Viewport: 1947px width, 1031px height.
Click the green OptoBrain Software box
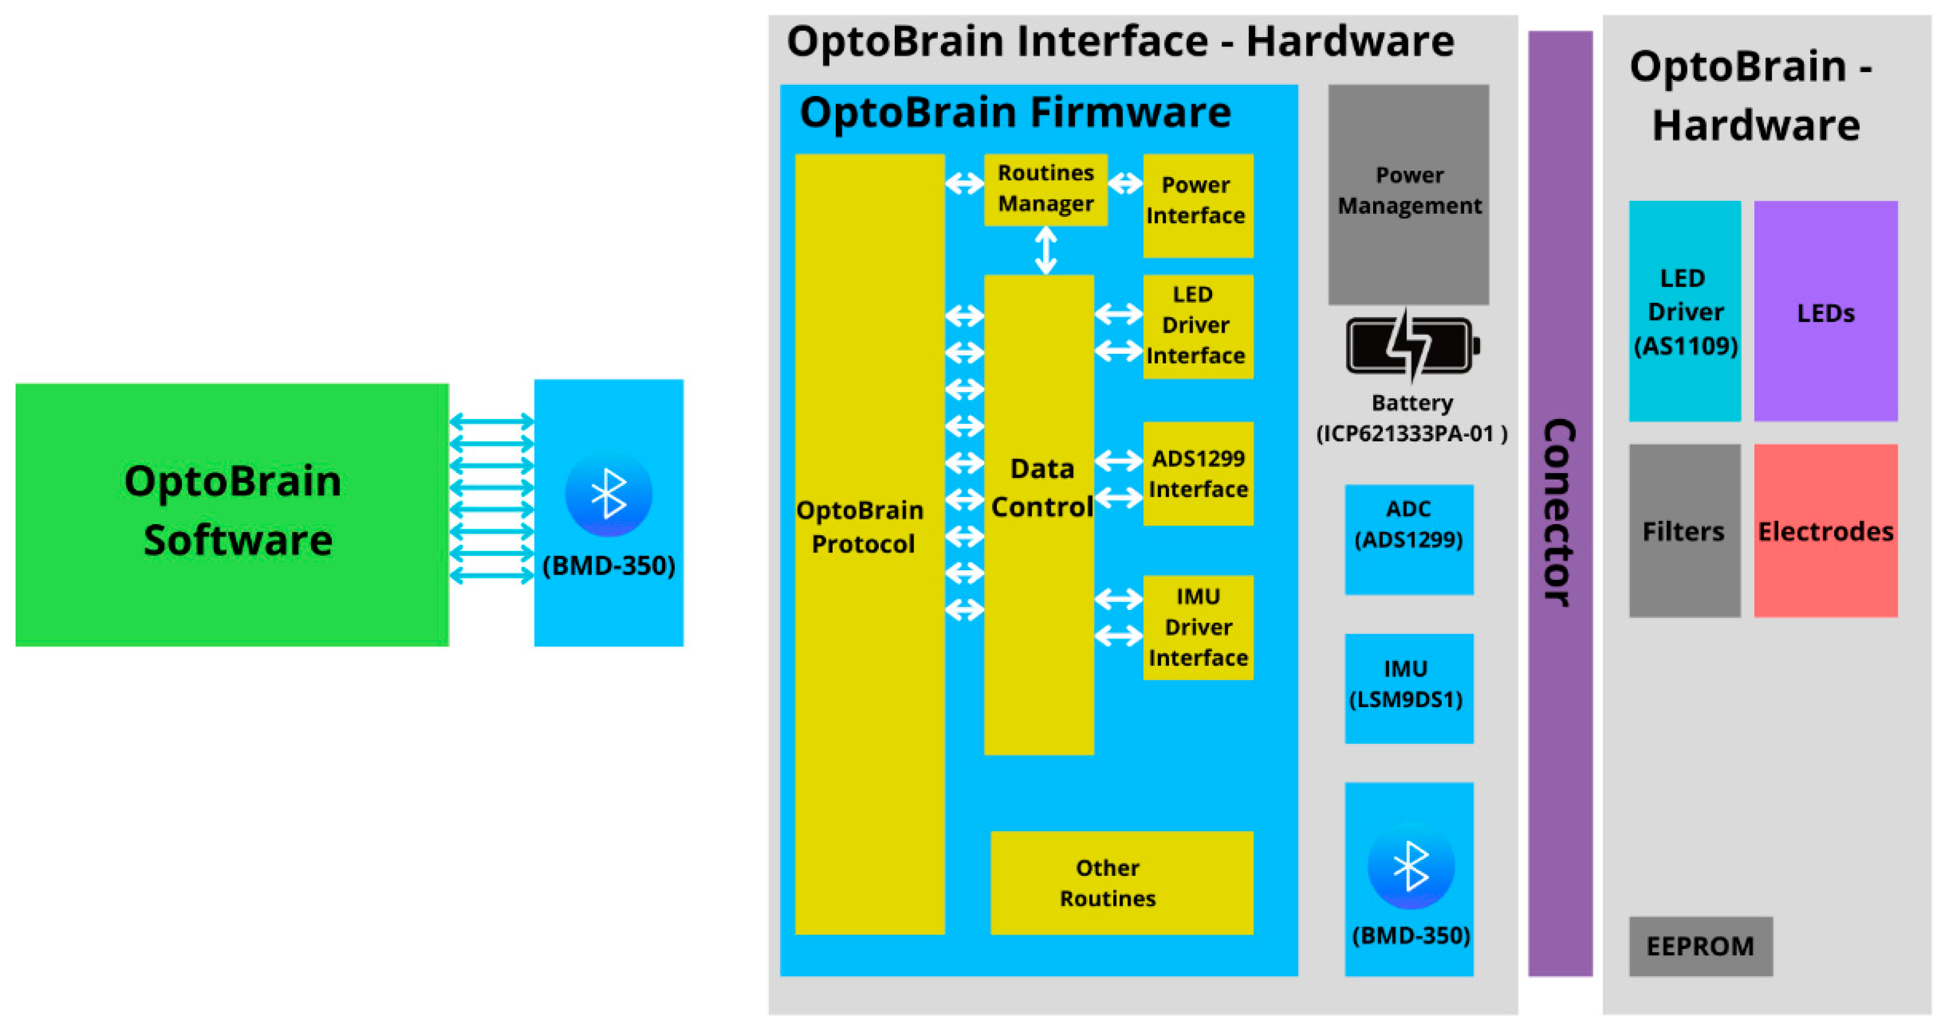click(x=232, y=514)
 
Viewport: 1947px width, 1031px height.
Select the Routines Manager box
click(x=1045, y=189)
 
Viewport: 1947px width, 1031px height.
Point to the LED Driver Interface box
click(x=1197, y=326)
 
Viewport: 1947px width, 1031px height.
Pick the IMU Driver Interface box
click(x=1197, y=627)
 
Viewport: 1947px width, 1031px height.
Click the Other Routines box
click(x=1121, y=882)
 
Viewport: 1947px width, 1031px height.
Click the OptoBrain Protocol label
click(x=861, y=527)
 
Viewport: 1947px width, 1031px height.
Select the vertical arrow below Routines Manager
click(x=1045, y=250)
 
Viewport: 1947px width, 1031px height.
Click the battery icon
click(x=1410, y=346)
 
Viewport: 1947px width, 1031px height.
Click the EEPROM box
click(x=1700, y=946)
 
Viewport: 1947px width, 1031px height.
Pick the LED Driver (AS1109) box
click(x=1684, y=311)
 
